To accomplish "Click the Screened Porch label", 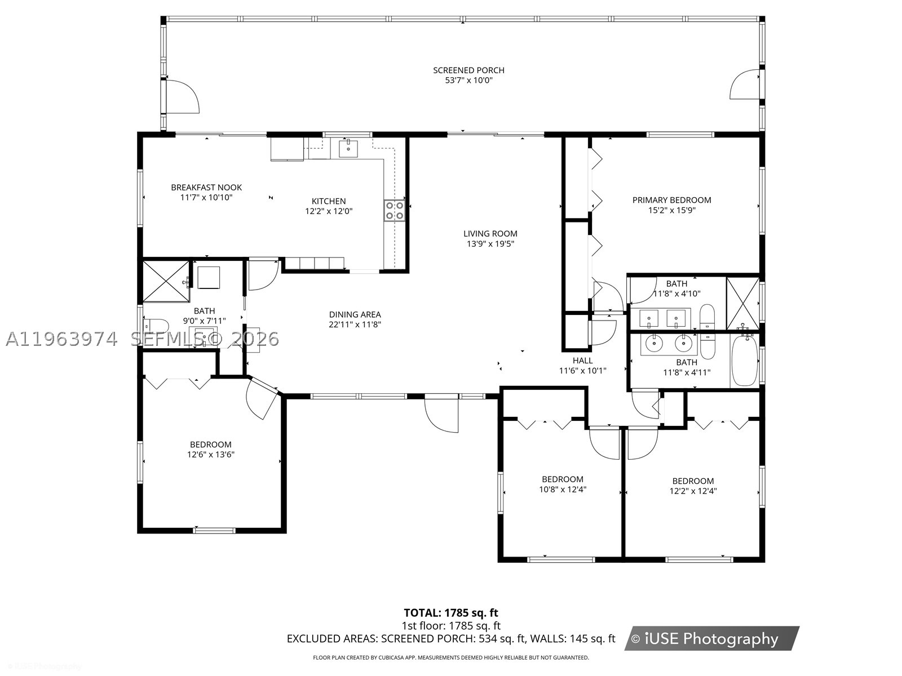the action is coord(468,70).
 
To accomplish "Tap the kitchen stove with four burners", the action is coord(395,210).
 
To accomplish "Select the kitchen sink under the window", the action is coord(348,149).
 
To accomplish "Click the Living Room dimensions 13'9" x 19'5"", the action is coord(490,244).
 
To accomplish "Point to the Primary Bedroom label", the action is coord(671,200).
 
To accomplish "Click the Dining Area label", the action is coord(355,314).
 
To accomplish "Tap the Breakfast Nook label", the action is coord(206,187).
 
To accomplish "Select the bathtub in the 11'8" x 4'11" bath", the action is coord(744,361).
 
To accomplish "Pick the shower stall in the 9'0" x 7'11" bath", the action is coord(166,282).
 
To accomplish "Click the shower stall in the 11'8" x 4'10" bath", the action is coord(742,304).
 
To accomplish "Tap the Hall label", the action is coord(583,361).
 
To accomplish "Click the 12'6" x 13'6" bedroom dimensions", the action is coord(211,455).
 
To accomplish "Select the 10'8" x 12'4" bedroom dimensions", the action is coord(563,489).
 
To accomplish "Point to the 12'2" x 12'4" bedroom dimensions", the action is coord(693,491).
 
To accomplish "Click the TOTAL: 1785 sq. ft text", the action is coord(451,612).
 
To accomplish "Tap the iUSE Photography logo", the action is coord(712,638).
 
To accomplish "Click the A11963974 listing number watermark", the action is coord(61,340).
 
